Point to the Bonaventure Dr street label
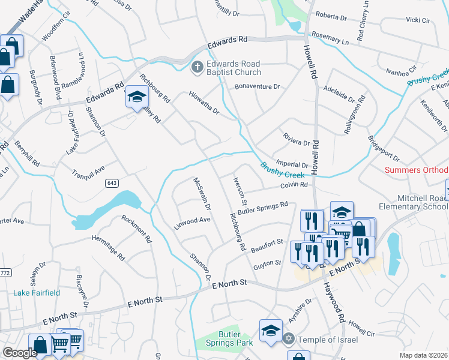coord(258,87)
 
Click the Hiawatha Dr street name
coord(204,102)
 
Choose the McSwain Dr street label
coord(202,193)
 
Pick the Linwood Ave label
coord(192,220)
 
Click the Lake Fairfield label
coord(37,293)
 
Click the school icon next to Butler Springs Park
coord(271,331)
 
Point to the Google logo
coord(19,353)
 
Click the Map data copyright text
coord(424,355)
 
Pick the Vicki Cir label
coord(418,20)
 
